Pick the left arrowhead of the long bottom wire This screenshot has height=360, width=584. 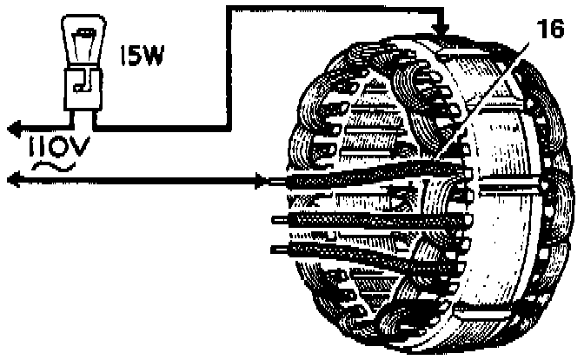point(10,181)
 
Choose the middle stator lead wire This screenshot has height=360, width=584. point(348,217)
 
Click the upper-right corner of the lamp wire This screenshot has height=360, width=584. point(228,8)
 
